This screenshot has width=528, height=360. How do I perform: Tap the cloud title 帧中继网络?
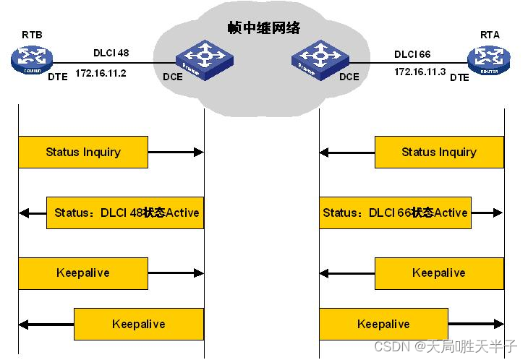[264, 28]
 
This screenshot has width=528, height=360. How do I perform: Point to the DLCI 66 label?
[412, 53]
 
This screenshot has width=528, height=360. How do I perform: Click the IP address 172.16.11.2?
[101, 73]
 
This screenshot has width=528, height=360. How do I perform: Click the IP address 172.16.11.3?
[420, 72]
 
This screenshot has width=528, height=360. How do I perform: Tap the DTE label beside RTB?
[58, 76]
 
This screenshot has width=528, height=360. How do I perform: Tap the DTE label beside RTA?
[459, 77]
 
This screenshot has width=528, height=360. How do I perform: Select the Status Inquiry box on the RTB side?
[83, 152]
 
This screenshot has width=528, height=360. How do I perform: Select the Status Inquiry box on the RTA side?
[439, 152]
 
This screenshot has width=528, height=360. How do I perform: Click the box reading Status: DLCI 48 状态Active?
[125, 213]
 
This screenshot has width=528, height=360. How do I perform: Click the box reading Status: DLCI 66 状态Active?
[395, 213]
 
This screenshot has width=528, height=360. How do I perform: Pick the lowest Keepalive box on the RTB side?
[139, 324]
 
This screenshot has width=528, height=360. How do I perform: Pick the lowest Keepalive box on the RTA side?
[383, 324]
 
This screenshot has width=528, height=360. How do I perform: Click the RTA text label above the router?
[490, 34]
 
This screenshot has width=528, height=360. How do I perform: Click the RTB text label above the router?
[32, 33]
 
